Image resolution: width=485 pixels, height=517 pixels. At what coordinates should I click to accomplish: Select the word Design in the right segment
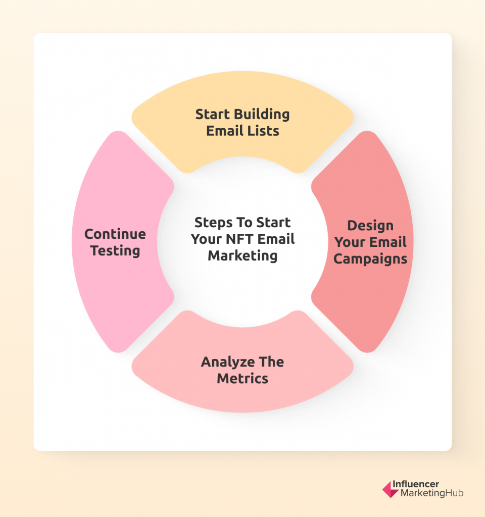click(370, 226)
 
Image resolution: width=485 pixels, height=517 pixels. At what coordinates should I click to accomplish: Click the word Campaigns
click(370, 259)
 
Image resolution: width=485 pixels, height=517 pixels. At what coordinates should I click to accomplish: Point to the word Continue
click(115, 234)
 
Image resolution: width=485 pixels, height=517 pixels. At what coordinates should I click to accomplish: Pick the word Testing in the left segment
click(115, 251)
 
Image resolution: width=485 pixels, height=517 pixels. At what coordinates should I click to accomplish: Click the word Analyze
click(228, 363)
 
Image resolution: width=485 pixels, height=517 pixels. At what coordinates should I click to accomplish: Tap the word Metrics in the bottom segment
click(243, 379)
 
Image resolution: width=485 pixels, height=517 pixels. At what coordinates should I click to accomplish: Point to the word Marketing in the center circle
click(243, 256)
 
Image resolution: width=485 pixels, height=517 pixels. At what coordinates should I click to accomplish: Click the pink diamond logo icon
click(390, 490)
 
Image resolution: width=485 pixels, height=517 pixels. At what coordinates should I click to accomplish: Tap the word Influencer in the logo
click(416, 484)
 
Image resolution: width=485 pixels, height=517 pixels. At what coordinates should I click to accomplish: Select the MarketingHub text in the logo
click(432, 493)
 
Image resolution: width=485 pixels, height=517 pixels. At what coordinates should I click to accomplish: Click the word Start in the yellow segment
click(213, 115)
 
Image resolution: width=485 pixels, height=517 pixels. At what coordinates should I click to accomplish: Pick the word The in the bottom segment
click(271, 362)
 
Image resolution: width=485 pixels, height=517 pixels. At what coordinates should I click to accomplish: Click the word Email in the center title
click(276, 239)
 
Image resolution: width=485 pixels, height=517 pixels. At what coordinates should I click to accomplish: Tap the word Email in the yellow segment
click(225, 131)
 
